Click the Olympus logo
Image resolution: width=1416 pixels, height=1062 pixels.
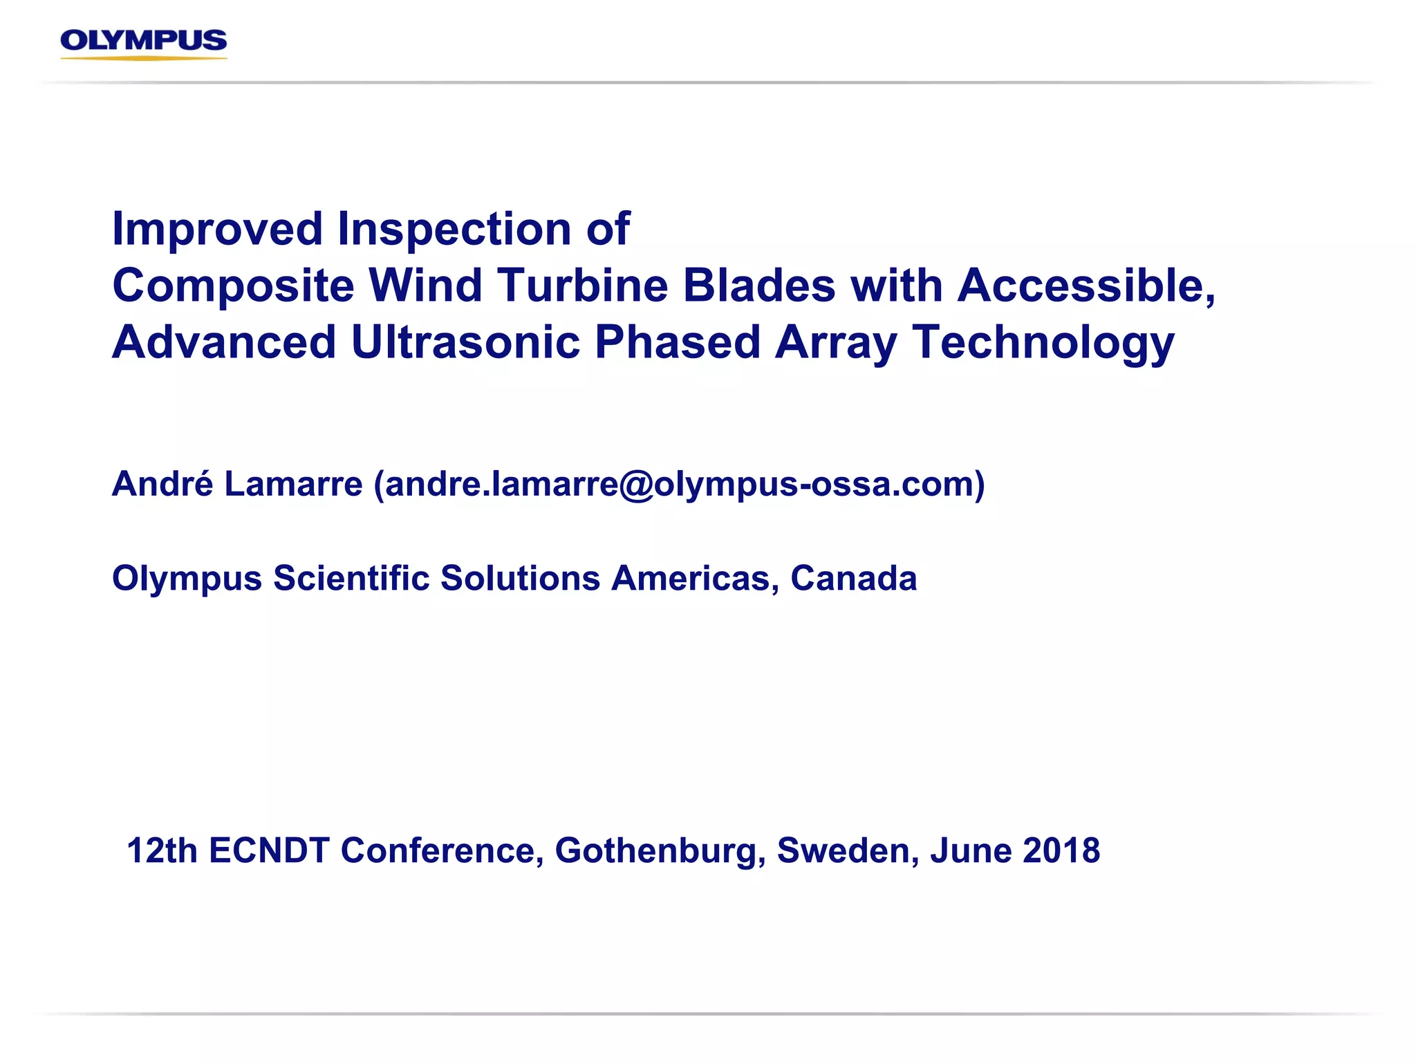point(144,43)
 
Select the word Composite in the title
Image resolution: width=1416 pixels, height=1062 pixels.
point(233,286)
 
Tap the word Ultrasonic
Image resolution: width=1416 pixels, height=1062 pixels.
point(465,342)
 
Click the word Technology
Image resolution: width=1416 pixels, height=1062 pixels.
point(1043,342)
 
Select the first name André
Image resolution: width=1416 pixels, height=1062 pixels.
point(162,483)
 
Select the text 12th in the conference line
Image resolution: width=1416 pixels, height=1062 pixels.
point(162,850)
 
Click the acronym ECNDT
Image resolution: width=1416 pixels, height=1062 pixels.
point(269,850)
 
